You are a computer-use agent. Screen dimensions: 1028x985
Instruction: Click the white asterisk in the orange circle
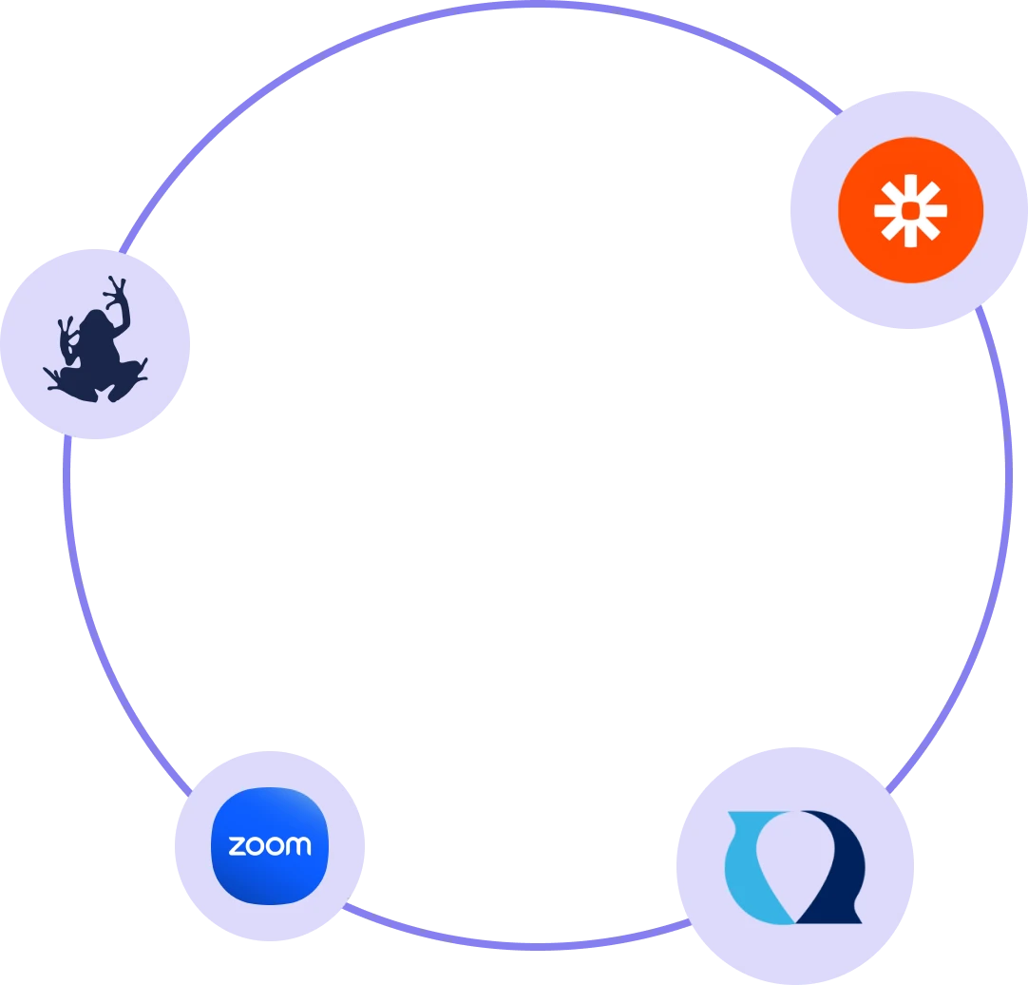tap(910, 210)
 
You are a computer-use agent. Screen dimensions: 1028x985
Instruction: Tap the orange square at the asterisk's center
tap(910, 210)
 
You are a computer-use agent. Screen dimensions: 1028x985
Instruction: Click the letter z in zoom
tap(237, 845)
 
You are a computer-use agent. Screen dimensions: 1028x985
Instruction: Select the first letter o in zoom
tap(254, 845)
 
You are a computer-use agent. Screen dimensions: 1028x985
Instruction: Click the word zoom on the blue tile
tap(269, 845)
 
